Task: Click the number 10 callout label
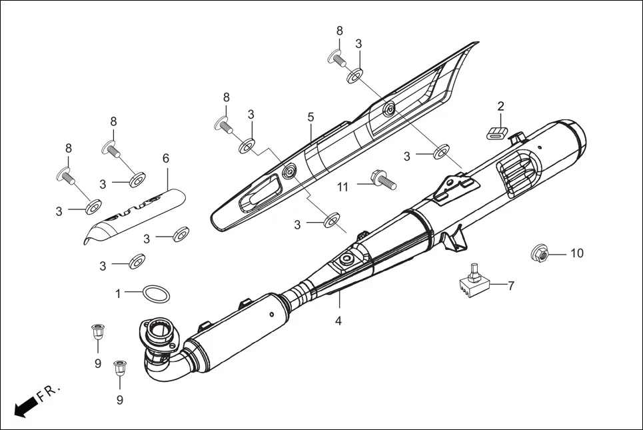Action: pos(576,253)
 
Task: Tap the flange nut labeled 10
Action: pos(540,254)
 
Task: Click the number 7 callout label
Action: pos(511,286)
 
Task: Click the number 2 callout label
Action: pos(501,106)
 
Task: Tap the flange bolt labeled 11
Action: pos(382,178)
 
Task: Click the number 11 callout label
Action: pos(342,187)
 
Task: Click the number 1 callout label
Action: pos(118,293)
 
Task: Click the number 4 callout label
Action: pos(338,321)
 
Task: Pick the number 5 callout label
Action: pos(311,117)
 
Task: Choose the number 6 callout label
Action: pos(166,158)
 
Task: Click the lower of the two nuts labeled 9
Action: pos(120,367)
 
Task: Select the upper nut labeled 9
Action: pos(97,330)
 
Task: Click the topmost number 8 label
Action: pos(339,31)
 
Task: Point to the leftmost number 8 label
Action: pos(68,148)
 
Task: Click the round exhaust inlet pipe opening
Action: pos(160,329)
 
